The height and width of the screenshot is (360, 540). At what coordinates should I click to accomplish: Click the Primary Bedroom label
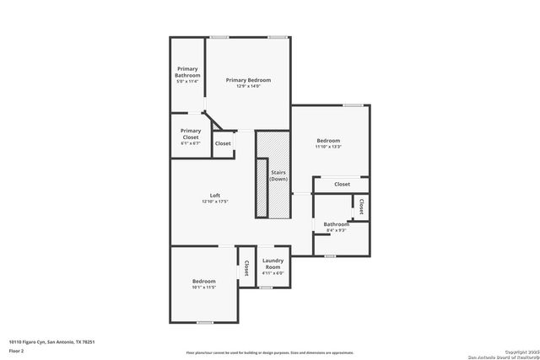click(x=248, y=79)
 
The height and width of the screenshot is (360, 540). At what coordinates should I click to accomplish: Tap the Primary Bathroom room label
click(x=187, y=72)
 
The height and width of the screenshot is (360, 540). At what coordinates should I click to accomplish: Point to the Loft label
click(x=215, y=196)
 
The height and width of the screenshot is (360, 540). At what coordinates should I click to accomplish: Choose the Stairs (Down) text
click(x=278, y=175)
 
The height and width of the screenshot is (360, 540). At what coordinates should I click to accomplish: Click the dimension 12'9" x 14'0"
click(x=248, y=86)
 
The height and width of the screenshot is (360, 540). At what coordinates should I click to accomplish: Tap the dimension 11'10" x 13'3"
click(x=328, y=147)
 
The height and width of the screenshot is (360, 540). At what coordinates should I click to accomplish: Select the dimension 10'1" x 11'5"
click(x=203, y=288)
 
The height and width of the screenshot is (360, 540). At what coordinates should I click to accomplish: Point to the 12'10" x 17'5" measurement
click(x=215, y=202)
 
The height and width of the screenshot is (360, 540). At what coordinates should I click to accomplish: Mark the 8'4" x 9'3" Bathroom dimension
click(x=336, y=230)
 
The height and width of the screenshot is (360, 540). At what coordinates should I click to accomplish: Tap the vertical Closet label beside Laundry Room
click(x=246, y=267)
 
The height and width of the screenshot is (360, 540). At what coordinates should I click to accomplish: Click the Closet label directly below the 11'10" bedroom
click(x=342, y=184)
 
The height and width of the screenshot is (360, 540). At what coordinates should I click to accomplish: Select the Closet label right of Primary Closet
click(x=223, y=144)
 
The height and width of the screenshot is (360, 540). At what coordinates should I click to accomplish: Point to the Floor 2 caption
click(x=16, y=349)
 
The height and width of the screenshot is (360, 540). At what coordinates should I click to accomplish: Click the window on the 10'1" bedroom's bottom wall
click(x=203, y=322)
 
